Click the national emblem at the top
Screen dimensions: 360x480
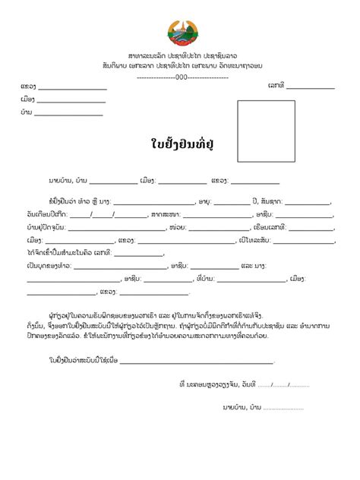pos(180,34)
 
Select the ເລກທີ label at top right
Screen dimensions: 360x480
pos(276,86)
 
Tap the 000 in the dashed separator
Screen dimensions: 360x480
pos(181,77)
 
